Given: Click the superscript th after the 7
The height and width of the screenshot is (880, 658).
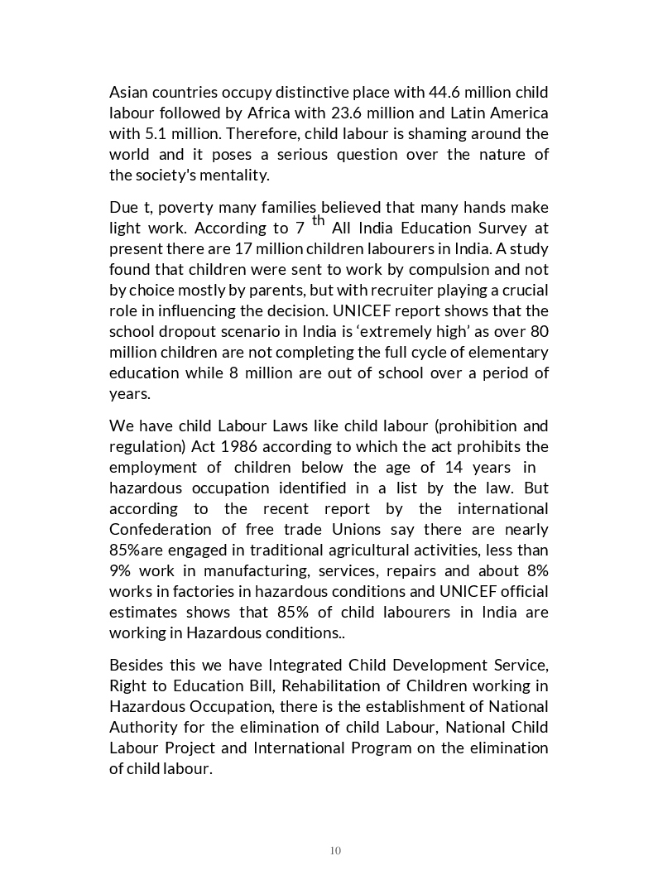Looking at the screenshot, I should (319, 220).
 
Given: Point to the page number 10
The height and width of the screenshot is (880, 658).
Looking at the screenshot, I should (335, 850).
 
